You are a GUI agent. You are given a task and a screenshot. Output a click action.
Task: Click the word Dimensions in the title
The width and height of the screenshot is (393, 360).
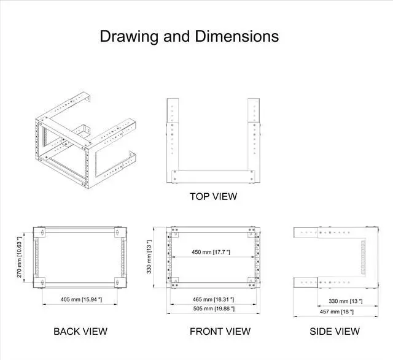point(236,37)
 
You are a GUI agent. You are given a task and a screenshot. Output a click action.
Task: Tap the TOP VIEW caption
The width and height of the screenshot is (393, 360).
point(213,197)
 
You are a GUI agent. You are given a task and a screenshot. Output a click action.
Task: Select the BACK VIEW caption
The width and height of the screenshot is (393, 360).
point(80,332)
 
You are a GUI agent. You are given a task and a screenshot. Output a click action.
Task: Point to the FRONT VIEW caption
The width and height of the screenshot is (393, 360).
point(220,332)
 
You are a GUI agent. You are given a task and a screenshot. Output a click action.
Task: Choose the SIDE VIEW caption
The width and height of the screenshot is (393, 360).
point(335,332)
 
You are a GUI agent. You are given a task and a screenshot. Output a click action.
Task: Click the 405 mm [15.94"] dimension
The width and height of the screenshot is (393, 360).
point(82,299)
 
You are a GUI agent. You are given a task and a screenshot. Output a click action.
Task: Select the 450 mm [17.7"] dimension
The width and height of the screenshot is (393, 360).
point(210,252)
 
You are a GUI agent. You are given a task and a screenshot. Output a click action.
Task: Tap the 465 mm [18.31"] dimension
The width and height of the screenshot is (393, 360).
point(212,299)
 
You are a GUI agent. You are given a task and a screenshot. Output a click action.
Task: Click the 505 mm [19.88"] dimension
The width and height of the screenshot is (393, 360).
point(212,308)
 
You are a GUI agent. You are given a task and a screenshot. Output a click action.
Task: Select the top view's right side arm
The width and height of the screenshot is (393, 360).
point(254,138)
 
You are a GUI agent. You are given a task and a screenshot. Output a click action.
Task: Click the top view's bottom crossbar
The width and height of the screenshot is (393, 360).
point(213,176)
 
